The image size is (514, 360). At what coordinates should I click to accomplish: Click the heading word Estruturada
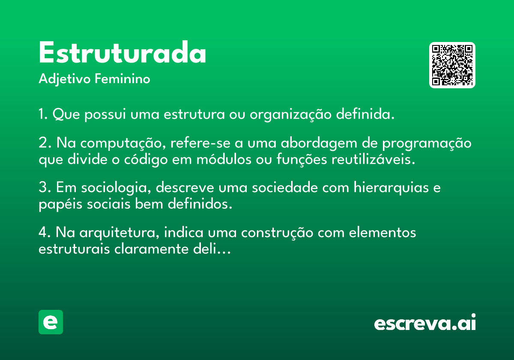(123, 52)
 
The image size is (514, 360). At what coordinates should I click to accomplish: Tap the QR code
(452, 65)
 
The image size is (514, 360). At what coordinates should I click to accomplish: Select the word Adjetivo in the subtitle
(65, 79)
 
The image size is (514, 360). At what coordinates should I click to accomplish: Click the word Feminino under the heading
(123, 78)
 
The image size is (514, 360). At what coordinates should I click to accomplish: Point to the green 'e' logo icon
(51, 322)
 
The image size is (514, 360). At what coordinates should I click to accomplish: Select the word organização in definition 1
(290, 114)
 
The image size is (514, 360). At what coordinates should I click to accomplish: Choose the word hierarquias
(391, 188)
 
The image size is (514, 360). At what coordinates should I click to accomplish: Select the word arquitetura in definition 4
(120, 233)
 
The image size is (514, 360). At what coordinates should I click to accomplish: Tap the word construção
(277, 233)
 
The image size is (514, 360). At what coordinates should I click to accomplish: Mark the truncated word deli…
(212, 249)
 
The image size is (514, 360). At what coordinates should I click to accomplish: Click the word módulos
(224, 159)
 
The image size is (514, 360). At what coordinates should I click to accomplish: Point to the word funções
(302, 159)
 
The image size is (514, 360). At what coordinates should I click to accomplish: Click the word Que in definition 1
(66, 114)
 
